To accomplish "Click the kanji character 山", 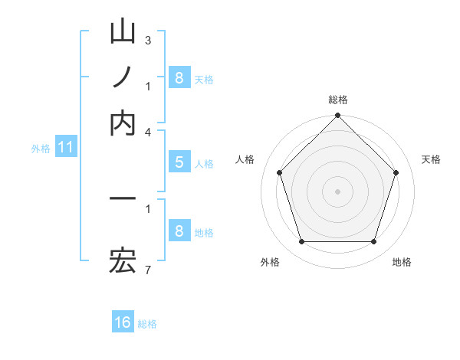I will [123, 32].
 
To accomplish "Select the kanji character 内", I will [123, 123].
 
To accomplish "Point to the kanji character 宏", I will [123, 262].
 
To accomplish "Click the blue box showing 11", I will [65, 148].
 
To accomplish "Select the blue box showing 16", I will [123, 322].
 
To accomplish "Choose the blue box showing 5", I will [179, 162].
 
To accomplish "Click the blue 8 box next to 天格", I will [179, 78].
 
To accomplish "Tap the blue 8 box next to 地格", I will [179, 231].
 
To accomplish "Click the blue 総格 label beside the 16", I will [147, 324].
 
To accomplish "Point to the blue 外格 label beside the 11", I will [40, 149].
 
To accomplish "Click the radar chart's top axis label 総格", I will [337, 100].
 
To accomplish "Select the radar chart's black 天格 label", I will [431, 159].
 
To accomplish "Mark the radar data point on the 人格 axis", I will [279, 172].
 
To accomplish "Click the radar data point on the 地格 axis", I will [373, 242].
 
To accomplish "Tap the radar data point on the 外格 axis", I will [301, 242].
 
